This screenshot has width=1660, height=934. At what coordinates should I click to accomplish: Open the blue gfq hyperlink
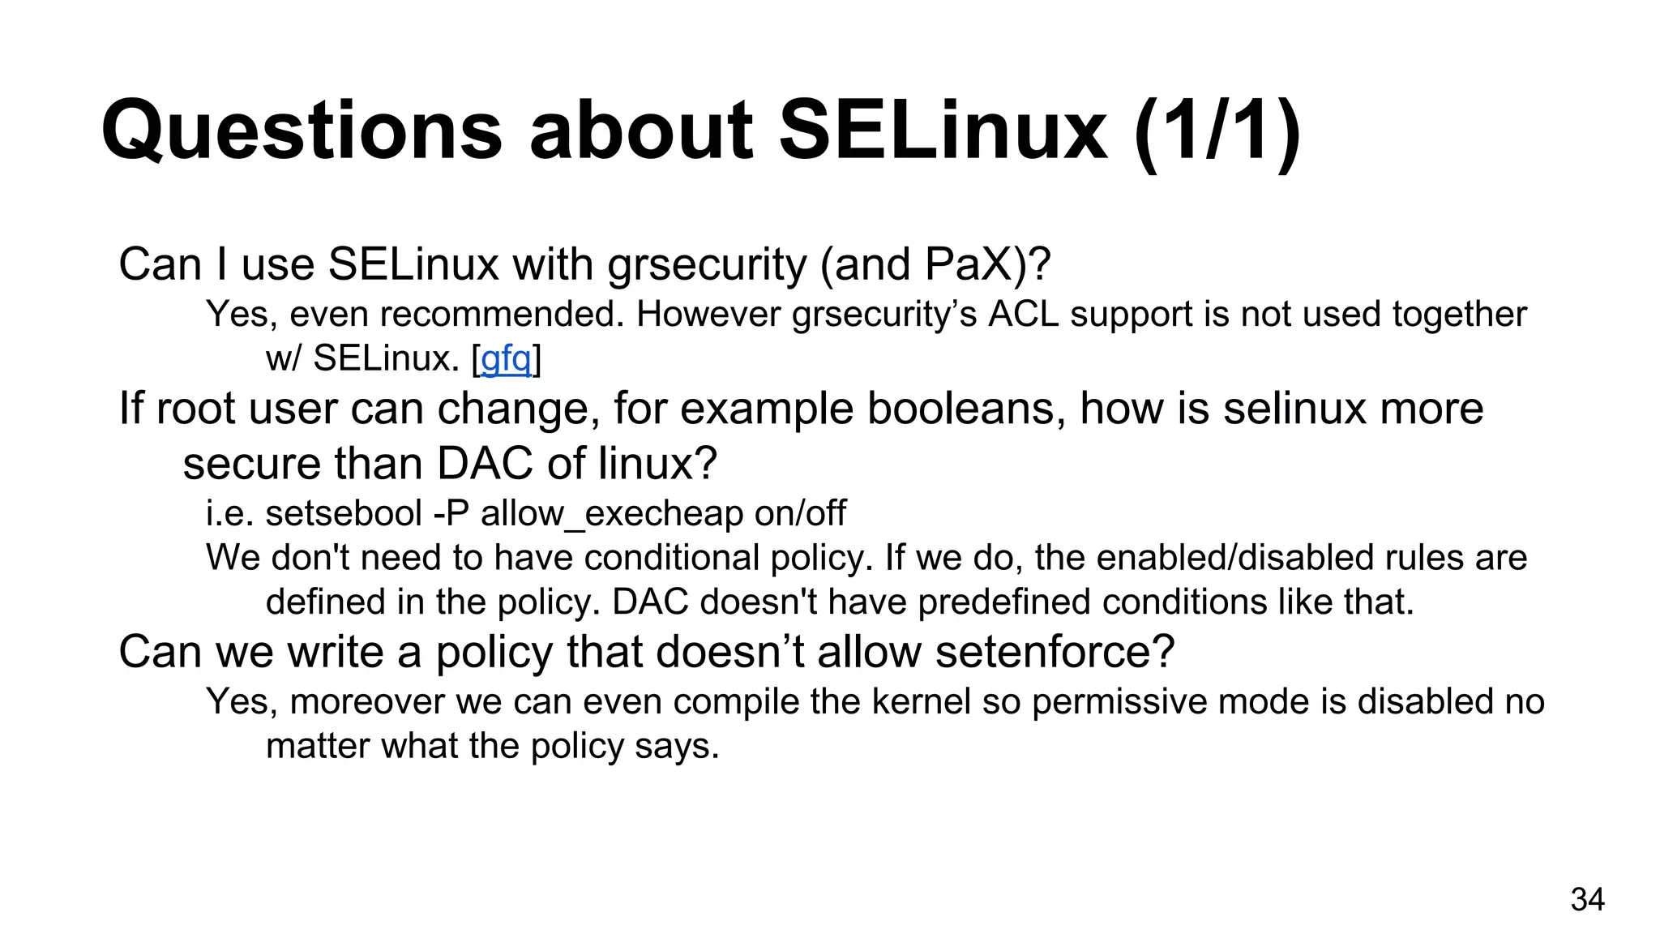[506, 358]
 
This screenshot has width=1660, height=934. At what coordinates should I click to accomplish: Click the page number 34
[1587, 899]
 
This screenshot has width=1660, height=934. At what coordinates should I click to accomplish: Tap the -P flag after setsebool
[452, 513]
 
